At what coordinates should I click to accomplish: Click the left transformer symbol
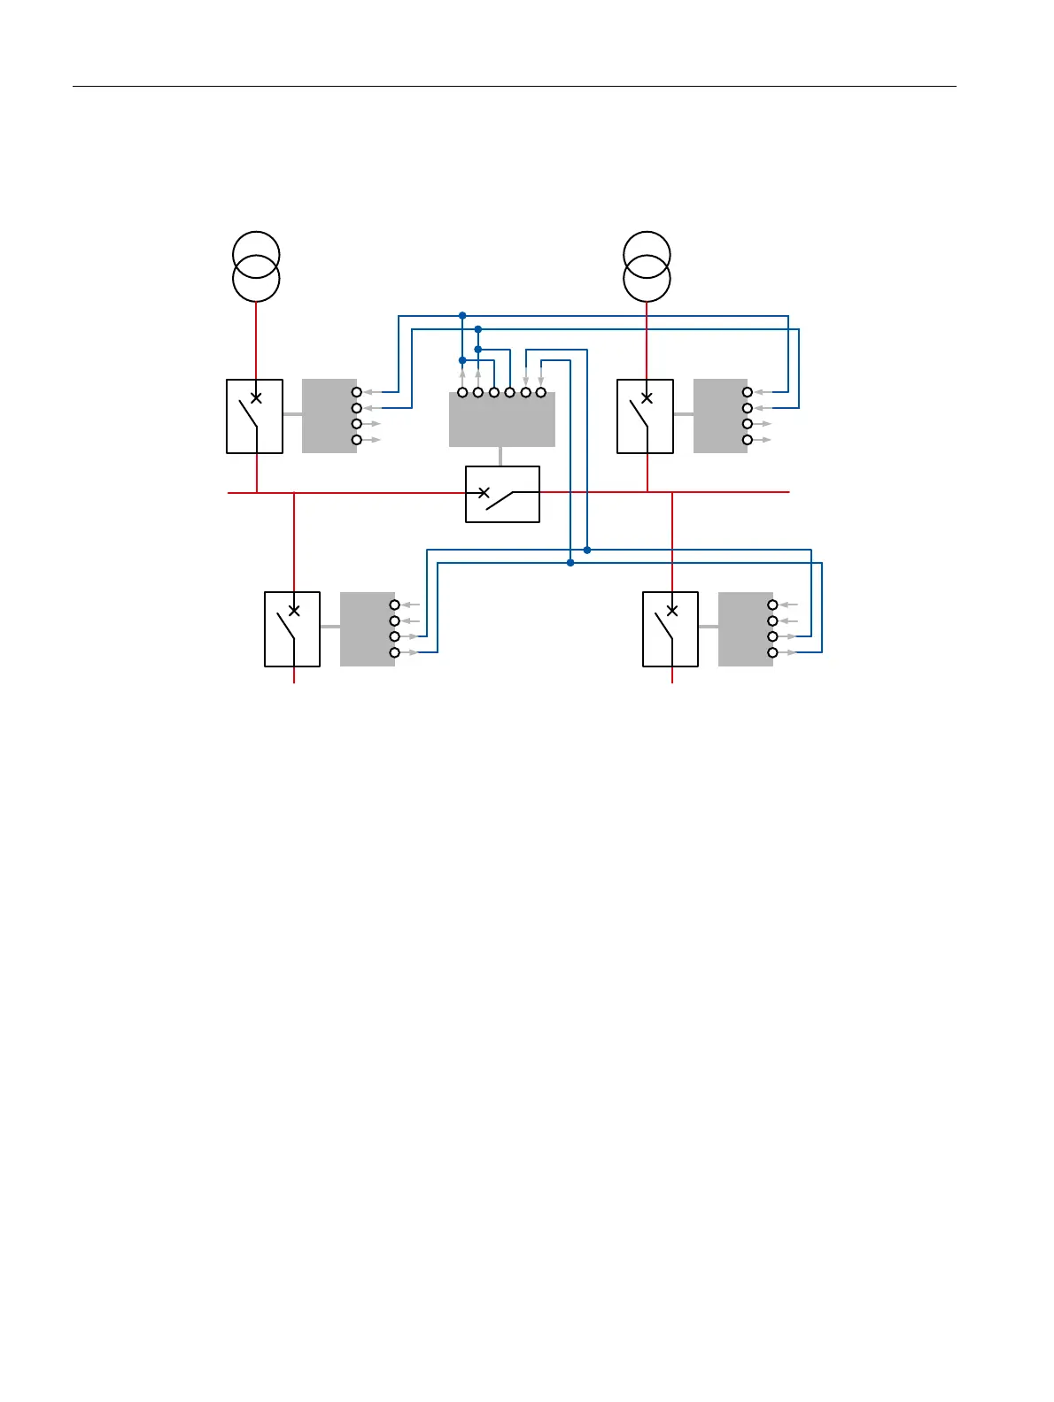pos(256,266)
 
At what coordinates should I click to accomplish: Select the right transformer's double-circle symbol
pos(647,266)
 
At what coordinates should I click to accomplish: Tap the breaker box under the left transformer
pos(255,417)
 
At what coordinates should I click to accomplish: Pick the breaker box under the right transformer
pos(645,417)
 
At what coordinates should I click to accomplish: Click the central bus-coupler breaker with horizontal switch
pos(502,494)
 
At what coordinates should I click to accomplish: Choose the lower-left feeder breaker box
pos(292,629)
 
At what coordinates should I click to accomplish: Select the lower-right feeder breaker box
pos(670,629)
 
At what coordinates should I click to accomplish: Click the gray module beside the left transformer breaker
pos(329,416)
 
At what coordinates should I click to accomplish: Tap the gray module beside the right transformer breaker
pos(719,416)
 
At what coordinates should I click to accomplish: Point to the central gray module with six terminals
pos(501,420)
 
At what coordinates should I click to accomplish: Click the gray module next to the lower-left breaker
pos(367,629)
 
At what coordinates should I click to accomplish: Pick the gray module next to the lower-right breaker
pos(745,629)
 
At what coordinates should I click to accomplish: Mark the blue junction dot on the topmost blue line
pos(462,315)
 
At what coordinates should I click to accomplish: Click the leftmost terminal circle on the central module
pos(462,392)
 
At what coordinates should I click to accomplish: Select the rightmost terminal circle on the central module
pos(541,392)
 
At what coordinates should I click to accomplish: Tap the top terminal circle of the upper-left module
pos(357,392)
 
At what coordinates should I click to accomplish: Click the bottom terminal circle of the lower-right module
pos(772,652)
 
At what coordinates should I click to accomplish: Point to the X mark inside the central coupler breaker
pos(484,492)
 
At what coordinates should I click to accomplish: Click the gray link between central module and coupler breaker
pos(501,457)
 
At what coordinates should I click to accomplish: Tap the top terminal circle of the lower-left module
pos(395,605)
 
